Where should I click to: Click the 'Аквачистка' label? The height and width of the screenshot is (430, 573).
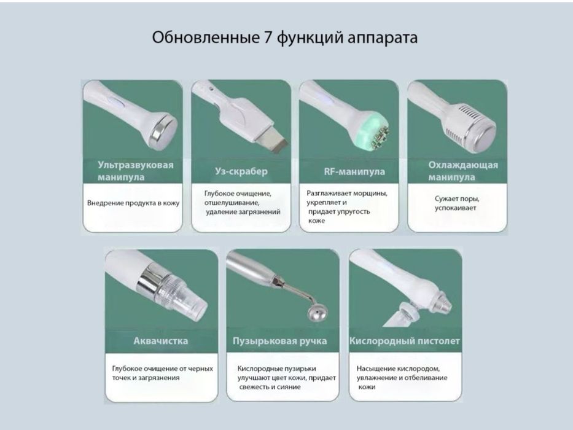161,340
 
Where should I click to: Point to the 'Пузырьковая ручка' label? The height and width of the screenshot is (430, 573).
279,340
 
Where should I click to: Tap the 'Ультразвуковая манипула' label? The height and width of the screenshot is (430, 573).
135,171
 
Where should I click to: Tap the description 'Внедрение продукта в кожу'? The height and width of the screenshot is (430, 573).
133,203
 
